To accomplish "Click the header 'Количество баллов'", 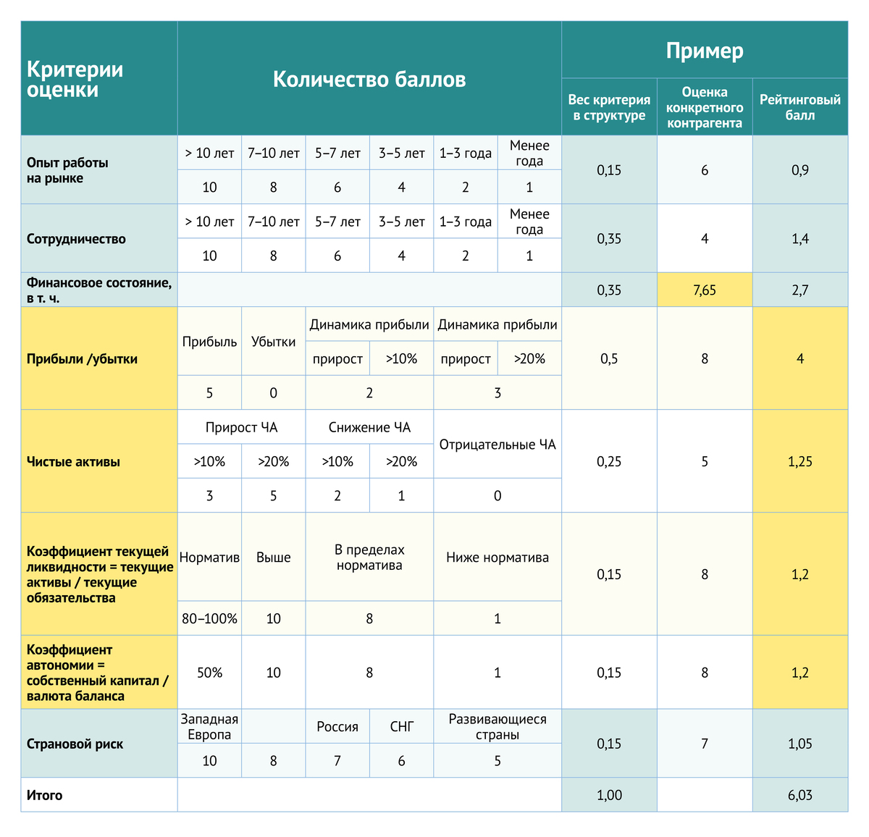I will tap(369, 79).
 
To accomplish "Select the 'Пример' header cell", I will tap(704, 51).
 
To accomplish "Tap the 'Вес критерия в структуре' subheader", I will tap(609, 107).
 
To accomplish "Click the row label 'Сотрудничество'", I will tap(76, 239).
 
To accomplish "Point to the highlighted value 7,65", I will tap(704, 290).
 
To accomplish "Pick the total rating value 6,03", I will tap(799, 795).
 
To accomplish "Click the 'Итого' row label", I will tap(45, 795).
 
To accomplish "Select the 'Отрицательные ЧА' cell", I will tap(498, 445).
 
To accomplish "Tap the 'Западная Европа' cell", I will tap(209, 726).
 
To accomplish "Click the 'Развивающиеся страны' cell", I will tap(498, 726).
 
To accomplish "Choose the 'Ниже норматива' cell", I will tap(498, 558).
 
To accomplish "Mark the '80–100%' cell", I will tap(209, 619).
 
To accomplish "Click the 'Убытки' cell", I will tap(273, 342).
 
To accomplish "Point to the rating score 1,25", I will tap(799, 462).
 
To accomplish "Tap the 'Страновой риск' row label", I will tap(75, 744).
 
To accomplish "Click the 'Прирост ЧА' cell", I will tap(241, 427).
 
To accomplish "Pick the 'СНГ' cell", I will tap(401, 726).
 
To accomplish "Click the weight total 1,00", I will tap(609, 795).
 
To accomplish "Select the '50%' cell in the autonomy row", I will tap(209, 673).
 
